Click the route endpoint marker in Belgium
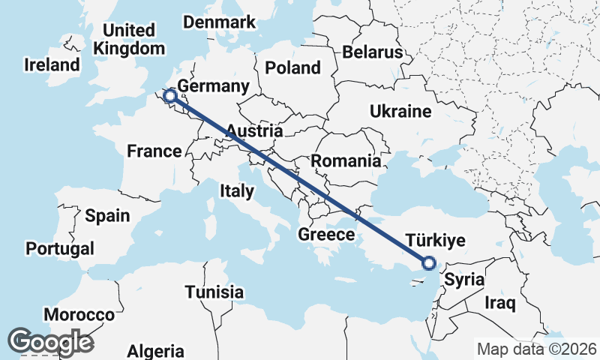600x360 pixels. click(x=171, y=95)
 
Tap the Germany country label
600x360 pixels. click(x=214, y=86)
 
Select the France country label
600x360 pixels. click(x=154, y=151)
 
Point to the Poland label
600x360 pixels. click(x=292, y=68)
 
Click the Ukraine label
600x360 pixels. click(x=400, y=112)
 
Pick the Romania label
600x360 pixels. click(x=346, y=160)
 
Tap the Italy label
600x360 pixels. click(x=237, y=191)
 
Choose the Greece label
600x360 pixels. click(x=326, y=235)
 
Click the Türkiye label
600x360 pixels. click(x=436, y=241)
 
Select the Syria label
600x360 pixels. click(x=463, y=280)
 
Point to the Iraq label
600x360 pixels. click(x=501, y=304)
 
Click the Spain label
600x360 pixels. click(x=107, y=216)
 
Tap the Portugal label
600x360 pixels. click(x=60, y=248)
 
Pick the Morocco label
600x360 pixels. click(x=79, y=314)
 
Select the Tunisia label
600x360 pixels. click(x=214, y=292)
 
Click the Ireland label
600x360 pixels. click(x=52, y=64)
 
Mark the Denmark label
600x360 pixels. click(x=220, y=22)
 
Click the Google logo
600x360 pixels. click(x=51, y=341)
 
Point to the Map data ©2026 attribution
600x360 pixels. click(x=536, y=349)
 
